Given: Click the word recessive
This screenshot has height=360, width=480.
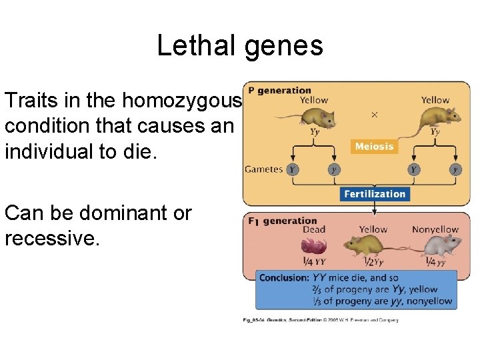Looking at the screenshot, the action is click(52, 238).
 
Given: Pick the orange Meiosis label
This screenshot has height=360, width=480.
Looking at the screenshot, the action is click(374, 147).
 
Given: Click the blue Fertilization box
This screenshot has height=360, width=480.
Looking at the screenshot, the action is click(374, 194).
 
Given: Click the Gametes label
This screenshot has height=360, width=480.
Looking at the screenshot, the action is click(264, 169).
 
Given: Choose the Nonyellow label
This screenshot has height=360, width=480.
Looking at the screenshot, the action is click(435, 230).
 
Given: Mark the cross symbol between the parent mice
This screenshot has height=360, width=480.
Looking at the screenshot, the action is click(374, 115).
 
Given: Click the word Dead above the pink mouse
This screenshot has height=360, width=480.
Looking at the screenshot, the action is click(313, 230).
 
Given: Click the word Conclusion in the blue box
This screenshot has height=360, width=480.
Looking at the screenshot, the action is click(284, 277).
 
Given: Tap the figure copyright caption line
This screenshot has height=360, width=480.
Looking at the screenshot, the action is click(320, 320).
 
